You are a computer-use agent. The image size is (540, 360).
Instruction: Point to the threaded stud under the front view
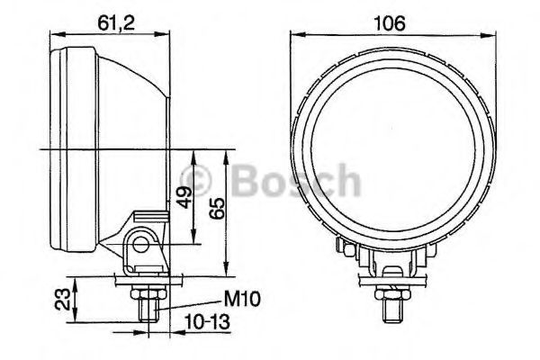pyautogui.click(x=392, y=310)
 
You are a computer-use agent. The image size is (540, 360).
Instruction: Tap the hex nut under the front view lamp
pyautogui.click(x=392, y=292)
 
